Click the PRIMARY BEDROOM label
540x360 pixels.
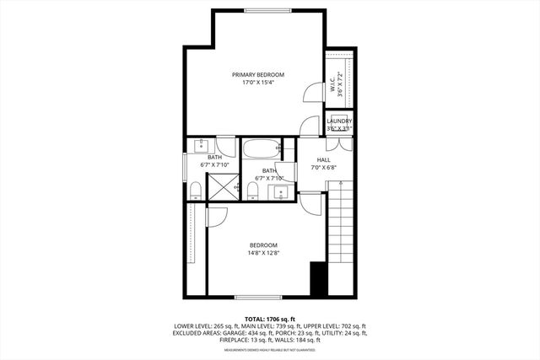(258, 75)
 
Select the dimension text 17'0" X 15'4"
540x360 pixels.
(258, 83)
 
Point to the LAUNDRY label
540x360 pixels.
(339, 122)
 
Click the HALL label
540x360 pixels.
(324, 159)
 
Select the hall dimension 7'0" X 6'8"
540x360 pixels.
(324, 167)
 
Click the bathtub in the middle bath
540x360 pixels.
(262, 150)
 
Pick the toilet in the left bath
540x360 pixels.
(196, 192)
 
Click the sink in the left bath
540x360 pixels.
(202, 144)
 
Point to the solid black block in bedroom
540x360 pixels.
(319, 279)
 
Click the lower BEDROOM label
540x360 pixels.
(262, 245)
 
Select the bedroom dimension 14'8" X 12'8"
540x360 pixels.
(262, 253)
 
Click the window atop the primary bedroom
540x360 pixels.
(268, 10)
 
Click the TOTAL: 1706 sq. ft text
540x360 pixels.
(269, 318)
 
